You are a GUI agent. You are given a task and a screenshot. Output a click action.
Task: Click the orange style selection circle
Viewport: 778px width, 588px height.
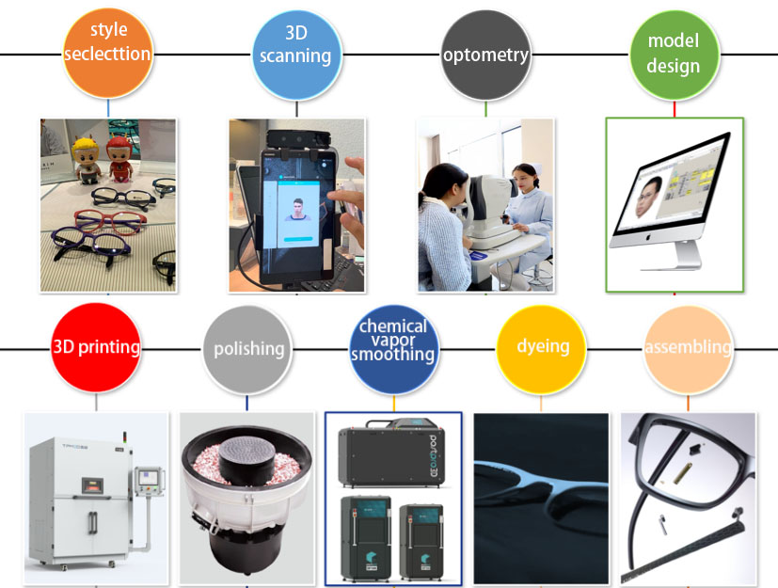108,53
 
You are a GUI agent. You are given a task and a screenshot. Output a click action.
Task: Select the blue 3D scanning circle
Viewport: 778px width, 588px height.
296,56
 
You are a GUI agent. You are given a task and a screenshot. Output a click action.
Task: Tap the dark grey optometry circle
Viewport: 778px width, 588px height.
485,56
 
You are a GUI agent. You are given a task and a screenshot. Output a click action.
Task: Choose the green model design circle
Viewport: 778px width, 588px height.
675,56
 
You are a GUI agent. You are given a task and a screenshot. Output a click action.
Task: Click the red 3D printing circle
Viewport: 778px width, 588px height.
96,348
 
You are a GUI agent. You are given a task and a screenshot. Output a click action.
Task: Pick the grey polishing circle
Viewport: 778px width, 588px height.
247,349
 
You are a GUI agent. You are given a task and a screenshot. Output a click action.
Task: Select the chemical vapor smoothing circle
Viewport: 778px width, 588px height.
394,349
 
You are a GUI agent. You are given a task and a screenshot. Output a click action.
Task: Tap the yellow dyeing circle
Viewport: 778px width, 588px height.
541,349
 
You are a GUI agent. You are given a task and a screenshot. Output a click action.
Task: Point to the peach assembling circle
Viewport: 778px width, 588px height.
689,349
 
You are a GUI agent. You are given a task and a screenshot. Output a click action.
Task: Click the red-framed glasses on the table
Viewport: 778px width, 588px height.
110,219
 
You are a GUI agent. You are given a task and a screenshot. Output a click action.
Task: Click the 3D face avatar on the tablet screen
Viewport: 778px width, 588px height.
297,210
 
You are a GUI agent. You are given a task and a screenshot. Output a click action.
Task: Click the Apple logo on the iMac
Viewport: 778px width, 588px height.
647,237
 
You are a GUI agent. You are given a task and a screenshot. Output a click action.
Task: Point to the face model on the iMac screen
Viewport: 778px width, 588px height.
648,197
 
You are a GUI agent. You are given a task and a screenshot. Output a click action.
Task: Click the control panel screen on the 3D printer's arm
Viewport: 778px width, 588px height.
149,478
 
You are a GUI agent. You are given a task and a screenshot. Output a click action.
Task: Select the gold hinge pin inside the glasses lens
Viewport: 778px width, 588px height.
682,473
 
